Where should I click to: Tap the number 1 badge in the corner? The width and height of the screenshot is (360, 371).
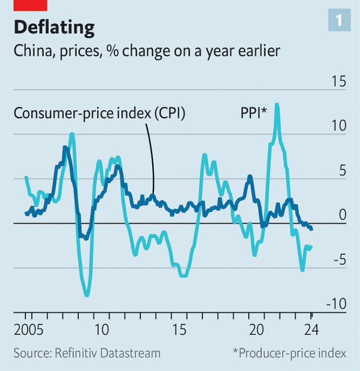coord(338,21)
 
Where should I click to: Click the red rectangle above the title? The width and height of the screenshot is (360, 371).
coord(30,5)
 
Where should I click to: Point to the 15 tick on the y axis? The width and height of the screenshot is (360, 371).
coord(337,81)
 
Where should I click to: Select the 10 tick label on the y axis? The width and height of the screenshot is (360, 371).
coord(337,126)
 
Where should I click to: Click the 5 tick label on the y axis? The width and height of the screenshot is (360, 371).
coord(342,171)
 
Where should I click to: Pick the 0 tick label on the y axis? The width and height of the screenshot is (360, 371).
coord(342,215)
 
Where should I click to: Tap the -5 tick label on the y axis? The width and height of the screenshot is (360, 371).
coord(339,260)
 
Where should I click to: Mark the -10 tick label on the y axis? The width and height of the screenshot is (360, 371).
coord(337,304)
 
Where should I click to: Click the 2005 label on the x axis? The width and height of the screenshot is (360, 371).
coord(27,330)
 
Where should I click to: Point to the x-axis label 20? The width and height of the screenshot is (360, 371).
coord(256,330)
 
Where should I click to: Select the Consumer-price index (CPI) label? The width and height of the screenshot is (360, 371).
coord(99,113)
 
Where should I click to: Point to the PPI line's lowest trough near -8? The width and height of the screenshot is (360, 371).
coord(87,295)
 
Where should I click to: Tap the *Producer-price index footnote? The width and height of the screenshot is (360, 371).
coord(290,353)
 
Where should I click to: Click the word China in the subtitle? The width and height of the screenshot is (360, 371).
coord(33,51)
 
